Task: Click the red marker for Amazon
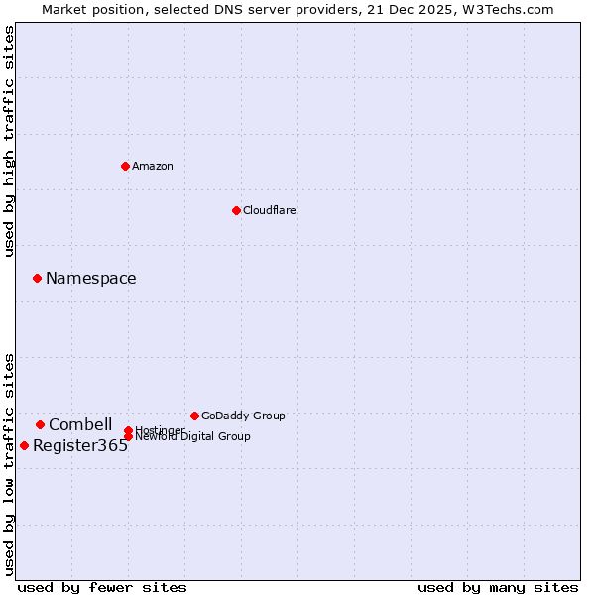(125, 166)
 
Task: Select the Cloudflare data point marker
(236, 210)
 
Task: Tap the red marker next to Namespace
(37, 278)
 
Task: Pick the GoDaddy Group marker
(194, 416)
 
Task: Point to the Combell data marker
(40, 424)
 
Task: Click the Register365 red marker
(24, 445)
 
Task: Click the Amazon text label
(153, 167)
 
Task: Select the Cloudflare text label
(270, 211)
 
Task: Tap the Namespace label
(91, 279)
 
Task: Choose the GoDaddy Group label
(243, 416)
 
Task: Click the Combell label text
(80, 425)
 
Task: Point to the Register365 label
(80, 446)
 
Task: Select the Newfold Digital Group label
(193, 437)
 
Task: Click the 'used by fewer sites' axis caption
(102, 588)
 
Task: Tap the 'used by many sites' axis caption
(498, 588)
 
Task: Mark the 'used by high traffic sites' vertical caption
(10, 141)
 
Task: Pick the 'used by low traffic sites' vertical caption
(10, 463)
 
